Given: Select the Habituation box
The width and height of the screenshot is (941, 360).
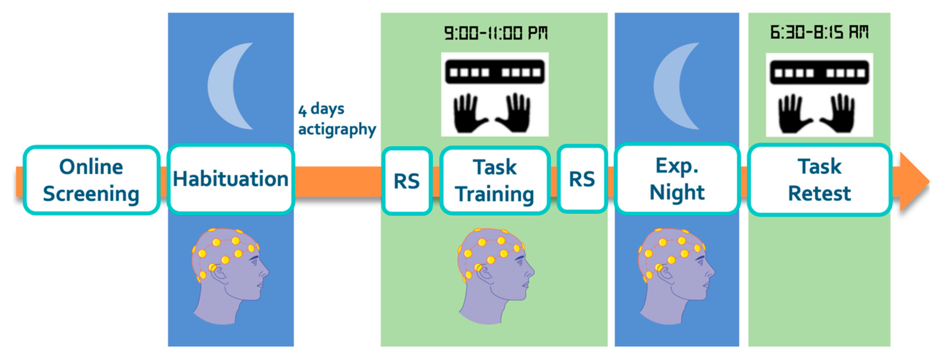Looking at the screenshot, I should [x=231, y=179].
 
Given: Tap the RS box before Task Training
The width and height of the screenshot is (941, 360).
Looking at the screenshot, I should [x=407, y=181].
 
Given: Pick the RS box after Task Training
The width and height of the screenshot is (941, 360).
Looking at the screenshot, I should [x=582, y=179].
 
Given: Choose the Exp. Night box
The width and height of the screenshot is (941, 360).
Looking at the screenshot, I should [x=677, y=179].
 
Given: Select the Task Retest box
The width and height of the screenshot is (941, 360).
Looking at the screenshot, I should [x=819, y=180].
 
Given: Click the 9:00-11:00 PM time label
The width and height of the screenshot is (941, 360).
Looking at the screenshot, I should [x=496, y=33].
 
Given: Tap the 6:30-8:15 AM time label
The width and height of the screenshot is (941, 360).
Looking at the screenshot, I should [x=819, y=32].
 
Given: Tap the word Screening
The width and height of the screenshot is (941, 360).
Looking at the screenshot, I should [x=91, y=194].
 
